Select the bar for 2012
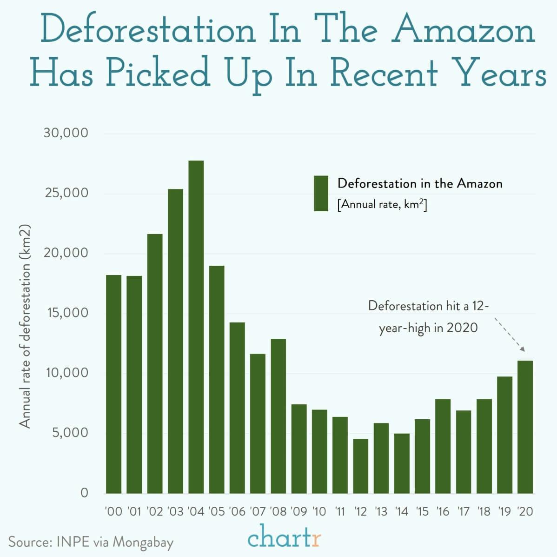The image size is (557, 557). point(360,466)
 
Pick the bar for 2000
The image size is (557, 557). point(113,384)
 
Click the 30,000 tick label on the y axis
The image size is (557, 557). point(66,133)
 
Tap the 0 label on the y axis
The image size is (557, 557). point(84,493)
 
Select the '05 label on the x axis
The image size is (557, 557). point(216,511)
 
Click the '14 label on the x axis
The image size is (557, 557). point(401,511)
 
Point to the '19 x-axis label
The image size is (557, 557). point(504,511)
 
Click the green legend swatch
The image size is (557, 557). point(321,194)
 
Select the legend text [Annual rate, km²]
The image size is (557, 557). point(382,205)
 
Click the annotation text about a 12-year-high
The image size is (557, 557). point(428,317)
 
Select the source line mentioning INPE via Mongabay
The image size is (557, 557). point(91,542)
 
